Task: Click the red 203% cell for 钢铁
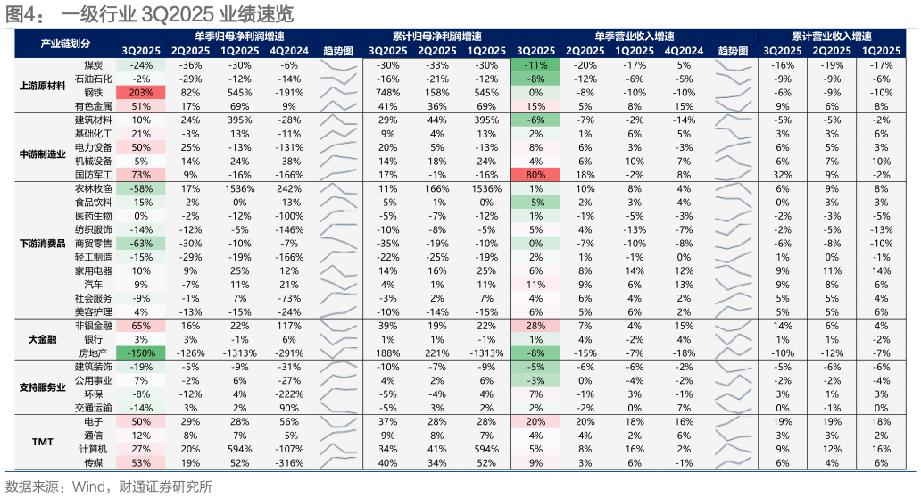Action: [141, 92]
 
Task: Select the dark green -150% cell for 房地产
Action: [141, 353]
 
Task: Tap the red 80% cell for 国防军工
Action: [535, 174]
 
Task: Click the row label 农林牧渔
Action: [94, 188]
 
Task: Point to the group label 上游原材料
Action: [42, 86]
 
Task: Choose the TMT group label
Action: [42, 442]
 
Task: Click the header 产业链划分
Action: [65, 44]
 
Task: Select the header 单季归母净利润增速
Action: [240, 37]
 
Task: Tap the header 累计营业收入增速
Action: [832, 37]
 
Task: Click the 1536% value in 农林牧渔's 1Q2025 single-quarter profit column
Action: [240, 188]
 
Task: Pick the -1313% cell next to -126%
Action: [240, 353]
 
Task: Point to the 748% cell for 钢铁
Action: [387, 92]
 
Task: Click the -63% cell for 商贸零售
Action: [141, 243]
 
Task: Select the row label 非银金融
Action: [94, 326]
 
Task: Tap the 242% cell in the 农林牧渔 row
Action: [289, 188]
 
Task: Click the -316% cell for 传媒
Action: [289, 463]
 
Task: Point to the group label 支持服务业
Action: [42, 387]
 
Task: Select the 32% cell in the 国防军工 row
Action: [783, 174]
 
